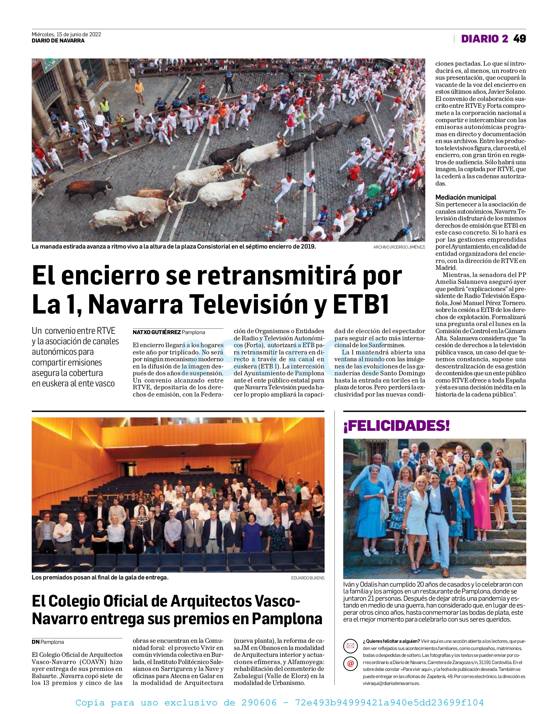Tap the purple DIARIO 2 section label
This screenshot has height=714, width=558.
pyautogui.click(x=484, y=39)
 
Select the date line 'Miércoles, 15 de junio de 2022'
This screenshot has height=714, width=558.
pyautogui.click(x=66, y=34)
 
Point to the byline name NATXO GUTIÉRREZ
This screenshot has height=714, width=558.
pyautogui.click(x=157, y=332)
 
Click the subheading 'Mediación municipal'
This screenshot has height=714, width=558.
pyautogui.click(x=465, y=197)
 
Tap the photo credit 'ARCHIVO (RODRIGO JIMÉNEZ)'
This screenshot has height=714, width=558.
pyautogui.click(x=399, y=247)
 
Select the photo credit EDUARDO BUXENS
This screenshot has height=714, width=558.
pyautogui.click(x=308, y=578)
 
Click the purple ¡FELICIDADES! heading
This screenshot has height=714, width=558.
pyautogui.click(x=396, y=426)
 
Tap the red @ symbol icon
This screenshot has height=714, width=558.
pyautogui.click(x=350, y=664)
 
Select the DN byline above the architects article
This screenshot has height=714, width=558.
pyautogui.click(x=36, y=642)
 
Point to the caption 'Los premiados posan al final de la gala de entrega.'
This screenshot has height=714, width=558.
pyautogui.click(x=100, y=577)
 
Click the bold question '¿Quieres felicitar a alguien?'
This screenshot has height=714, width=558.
pyautogui.click(x=391, y=641)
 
